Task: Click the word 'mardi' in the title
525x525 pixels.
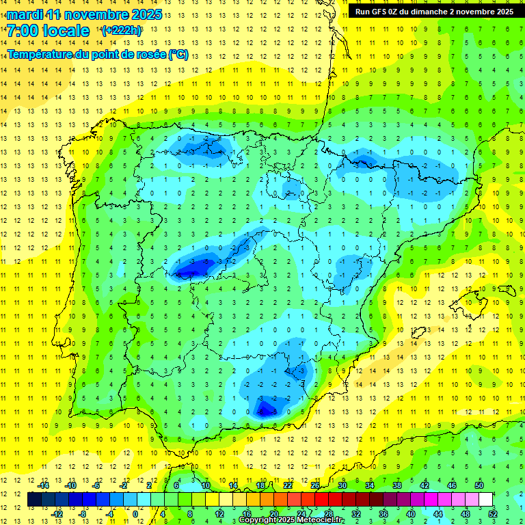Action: (23, 14)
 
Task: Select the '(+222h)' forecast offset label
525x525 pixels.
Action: (122, 31)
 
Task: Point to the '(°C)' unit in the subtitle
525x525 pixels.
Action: (178, 55)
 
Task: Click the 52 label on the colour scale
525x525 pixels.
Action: (493, 513)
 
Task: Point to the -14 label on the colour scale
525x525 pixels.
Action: (43, 485)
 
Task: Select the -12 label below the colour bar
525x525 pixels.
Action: (57, 513)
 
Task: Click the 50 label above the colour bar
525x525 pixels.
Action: (479, 485)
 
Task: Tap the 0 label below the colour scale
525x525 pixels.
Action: (135, 513)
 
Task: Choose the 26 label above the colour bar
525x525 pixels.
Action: (315, 485)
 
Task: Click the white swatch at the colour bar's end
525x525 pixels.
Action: (485, 500)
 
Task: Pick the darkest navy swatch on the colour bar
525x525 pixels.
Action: (34, 500)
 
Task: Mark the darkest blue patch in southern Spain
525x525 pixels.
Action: (265, 409)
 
